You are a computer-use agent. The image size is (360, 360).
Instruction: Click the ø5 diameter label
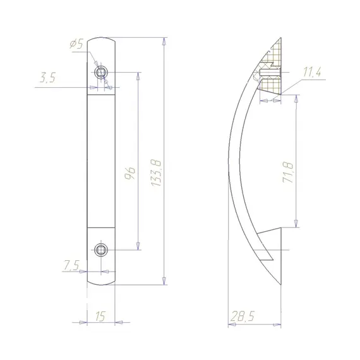(x=76, y=44)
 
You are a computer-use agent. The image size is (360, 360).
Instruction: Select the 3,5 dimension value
(x=47, y=78)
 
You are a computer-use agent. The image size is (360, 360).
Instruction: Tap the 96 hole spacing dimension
(x=130, y=173)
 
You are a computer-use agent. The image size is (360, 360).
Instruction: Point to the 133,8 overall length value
(x=157, y=173)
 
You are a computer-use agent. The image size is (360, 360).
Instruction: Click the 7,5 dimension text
(x=71, y=265)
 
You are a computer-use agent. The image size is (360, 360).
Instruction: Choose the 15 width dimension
(x=100, y=316)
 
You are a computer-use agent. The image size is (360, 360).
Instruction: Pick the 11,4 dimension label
(x=312, y=72)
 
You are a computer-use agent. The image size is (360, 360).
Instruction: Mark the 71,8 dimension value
(x=287, y=172)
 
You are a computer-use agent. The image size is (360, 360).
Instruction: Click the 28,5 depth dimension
(x=243, y=316)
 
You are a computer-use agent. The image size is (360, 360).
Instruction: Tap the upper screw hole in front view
(x=101, y=73)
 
